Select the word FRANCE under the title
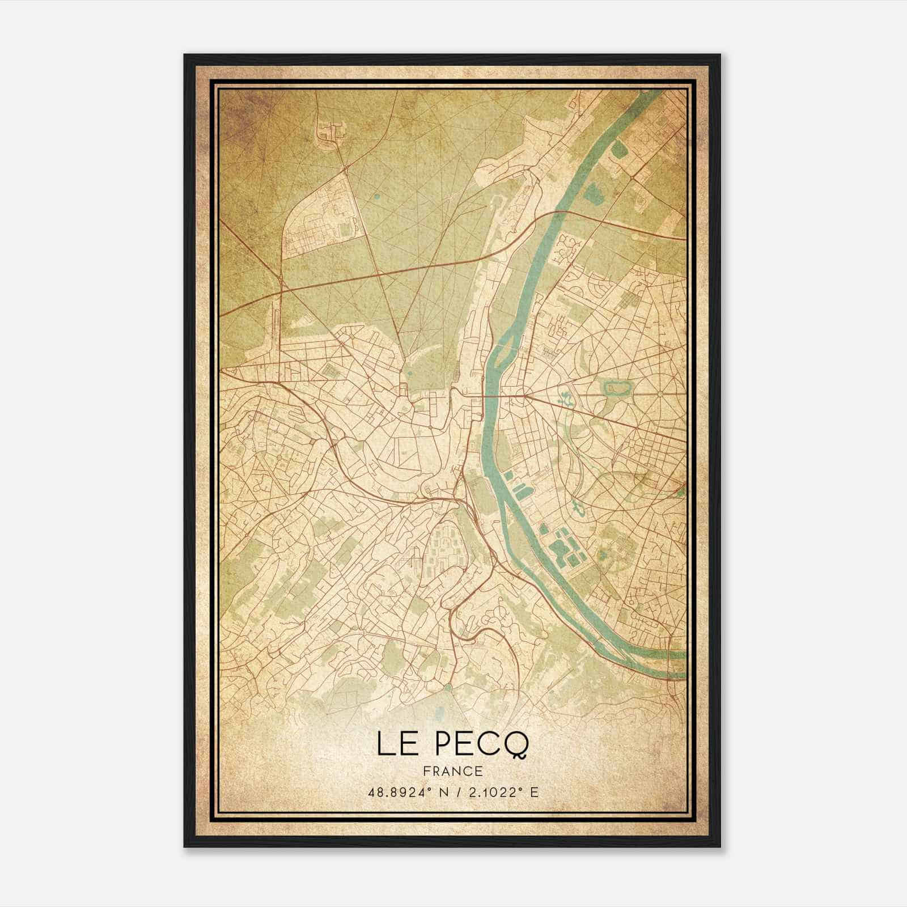click(452, 771)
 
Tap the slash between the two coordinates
click(453, 792)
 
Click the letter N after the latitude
click(437, 792)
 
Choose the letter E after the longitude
click(533, 792)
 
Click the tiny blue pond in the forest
click(376, 197)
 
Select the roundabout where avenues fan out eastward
click(522, 396)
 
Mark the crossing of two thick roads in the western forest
click(281, 291)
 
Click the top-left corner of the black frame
click(185, 55)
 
